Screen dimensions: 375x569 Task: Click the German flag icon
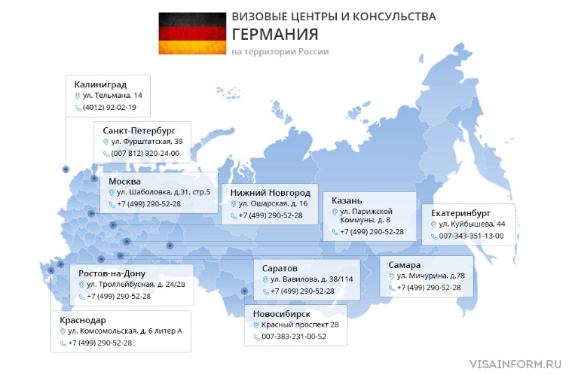(x=191, y=33)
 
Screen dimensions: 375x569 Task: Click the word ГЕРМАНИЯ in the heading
(x=275, y=35)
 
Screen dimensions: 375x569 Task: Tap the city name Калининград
(x=100, y=83)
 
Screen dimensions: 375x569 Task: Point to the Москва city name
(x=124, y=181)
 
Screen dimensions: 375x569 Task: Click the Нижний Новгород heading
(x=270, y=192)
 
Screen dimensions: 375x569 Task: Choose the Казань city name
(x=347, y=200)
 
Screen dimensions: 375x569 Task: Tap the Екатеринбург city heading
(x=462, y=212)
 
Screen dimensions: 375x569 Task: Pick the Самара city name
(x=405, y=264)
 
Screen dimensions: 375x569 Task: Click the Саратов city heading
(x=280, y=267)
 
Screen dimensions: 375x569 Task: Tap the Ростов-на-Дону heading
(x=112, y=273)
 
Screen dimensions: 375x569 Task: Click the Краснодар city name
(x=83, y=319)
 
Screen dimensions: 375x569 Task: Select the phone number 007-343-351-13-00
(x=471, y=236)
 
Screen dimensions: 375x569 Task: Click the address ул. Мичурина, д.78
(x=430, y=276)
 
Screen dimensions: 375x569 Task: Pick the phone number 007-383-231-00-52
(x=294, y=337)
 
